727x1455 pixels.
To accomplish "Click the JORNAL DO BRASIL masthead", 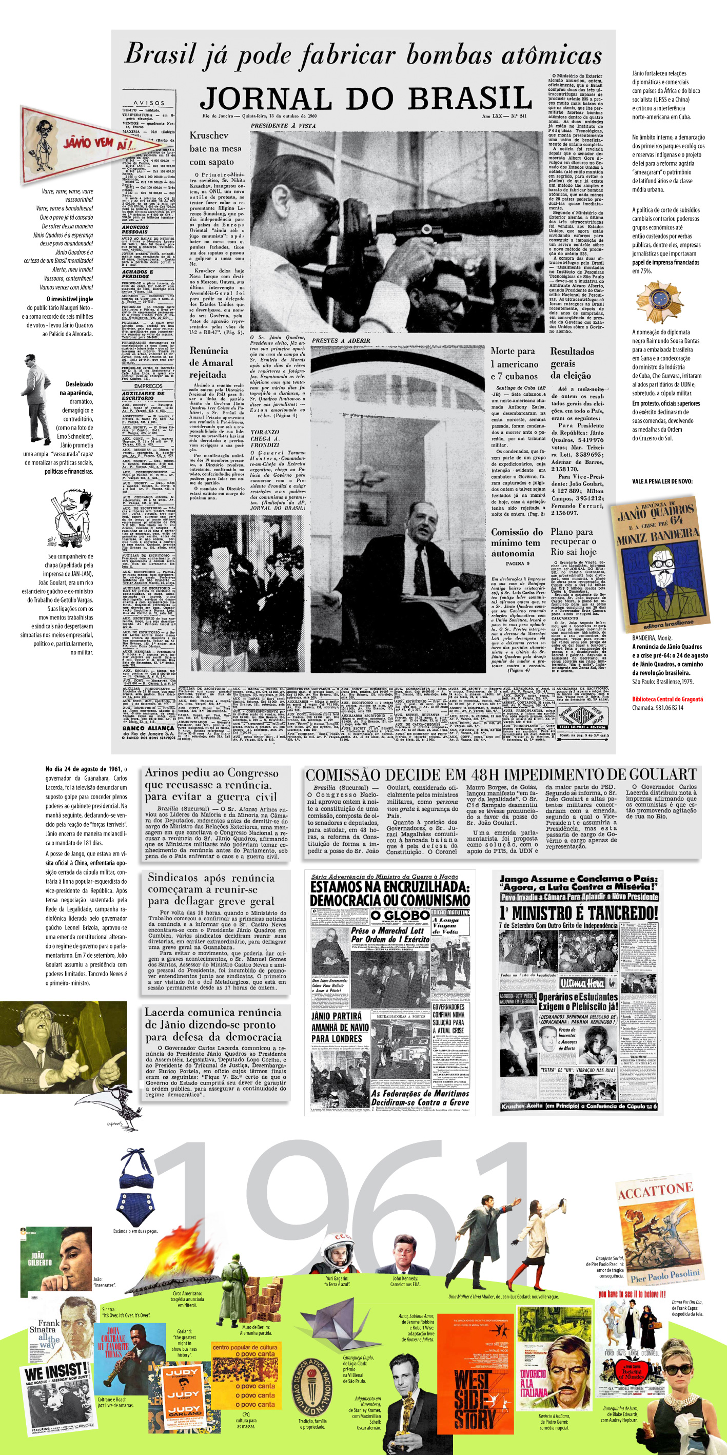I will tap(366, 99).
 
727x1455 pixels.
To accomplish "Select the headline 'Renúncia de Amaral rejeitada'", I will tap(211, 363).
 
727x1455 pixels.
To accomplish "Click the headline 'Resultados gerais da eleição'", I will tap(571, 363).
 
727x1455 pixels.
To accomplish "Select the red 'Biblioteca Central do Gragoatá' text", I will tap(667, 699).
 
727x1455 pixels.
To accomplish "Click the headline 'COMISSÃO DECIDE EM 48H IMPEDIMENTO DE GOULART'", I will tap(501, 774).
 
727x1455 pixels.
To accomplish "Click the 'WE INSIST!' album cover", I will tap(57, 1400).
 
